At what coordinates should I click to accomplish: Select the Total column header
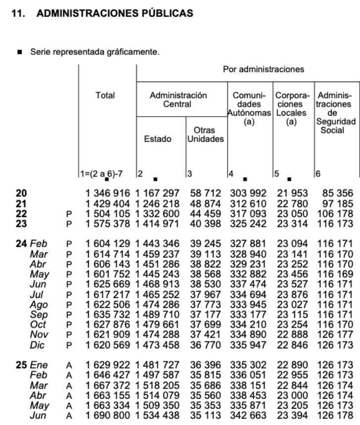[x=105, y=95]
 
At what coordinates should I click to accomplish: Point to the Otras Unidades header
[x=205, y=134]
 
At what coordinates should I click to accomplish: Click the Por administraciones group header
[x=264, y=69]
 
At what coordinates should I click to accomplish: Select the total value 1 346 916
[x=107, y=193]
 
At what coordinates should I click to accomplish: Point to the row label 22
[x=22, y=213]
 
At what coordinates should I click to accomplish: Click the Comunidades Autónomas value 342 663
[x=248, y=416]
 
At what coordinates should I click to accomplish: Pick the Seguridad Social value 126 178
[x=336, y=416]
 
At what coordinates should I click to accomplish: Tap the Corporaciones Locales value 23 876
[x=292, y=295]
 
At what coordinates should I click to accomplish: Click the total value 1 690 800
[x=107, y=416]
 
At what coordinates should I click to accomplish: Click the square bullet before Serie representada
[x=20, y=51]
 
